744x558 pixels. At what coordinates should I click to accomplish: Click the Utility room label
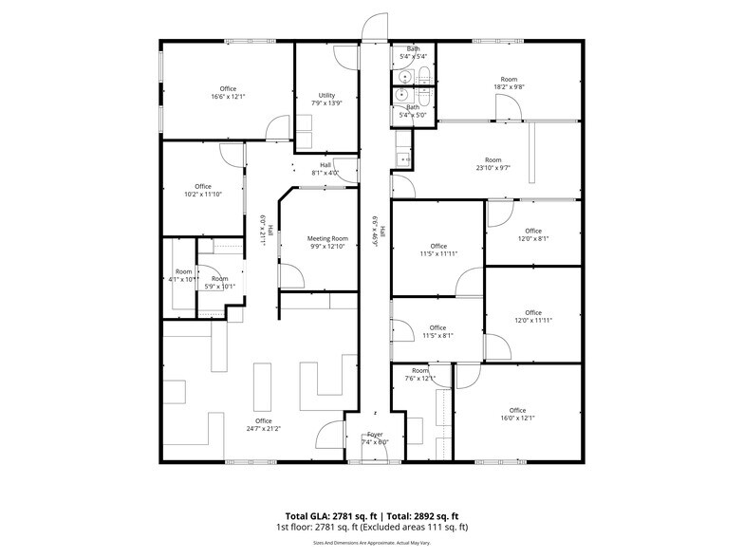[x=327, y=95]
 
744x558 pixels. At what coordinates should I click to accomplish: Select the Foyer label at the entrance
[x=375, y=435]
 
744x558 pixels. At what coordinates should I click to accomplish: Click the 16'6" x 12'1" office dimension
[x=228, y=97]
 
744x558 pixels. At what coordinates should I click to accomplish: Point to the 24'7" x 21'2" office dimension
[x=263, y=429]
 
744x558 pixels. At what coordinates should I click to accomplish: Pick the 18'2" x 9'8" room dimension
[x=510, y=86]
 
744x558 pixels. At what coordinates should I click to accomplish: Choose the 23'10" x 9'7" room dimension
[x=493, y=168]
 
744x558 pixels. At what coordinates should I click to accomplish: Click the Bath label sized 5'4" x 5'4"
[x=413, y=56]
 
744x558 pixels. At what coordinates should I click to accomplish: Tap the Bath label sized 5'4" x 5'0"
[x=413, y=115]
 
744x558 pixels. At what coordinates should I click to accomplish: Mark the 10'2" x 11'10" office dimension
[x=203, y=195]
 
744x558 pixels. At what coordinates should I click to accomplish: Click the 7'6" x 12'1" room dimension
[x=420, y=379]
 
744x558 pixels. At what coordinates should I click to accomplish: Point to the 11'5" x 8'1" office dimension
[x=437, y=335]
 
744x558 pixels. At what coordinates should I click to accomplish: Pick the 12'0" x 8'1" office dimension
[x=532, y=239]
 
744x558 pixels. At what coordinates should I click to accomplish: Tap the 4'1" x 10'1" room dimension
[x=184, y=279]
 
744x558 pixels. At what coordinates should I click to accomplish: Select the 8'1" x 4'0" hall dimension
[x=325, y=173]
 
